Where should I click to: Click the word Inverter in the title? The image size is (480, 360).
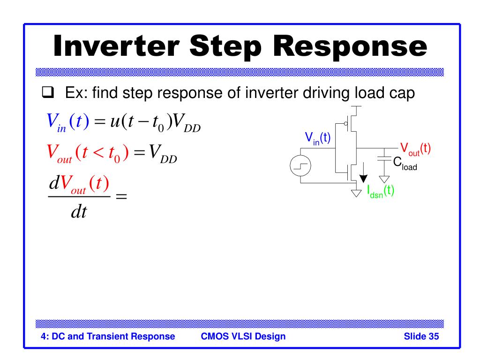coord(116,46)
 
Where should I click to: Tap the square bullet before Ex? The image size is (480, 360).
coord(48,92)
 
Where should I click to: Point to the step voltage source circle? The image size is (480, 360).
coord(300,165)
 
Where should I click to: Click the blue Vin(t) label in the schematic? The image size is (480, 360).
coord(317,138)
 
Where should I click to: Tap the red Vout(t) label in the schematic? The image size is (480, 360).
coord(415,150)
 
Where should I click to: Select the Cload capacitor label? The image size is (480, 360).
coord(405,164)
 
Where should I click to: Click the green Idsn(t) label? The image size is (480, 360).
coord(381,192)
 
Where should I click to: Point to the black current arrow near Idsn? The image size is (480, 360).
coord(363,172)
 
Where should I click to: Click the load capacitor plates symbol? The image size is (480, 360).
coord(384,158)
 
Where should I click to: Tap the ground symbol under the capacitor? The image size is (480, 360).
coord(384,179)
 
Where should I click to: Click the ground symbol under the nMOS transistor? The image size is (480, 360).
coord(356,193)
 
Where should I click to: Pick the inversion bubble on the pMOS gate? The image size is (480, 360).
coord(345,124)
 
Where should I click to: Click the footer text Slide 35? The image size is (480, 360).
coord(421,336)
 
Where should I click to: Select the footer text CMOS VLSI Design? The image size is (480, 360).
coord(243,336)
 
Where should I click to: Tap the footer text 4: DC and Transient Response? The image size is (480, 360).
coord(108,337)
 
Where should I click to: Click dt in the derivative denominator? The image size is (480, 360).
coord(79,211)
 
